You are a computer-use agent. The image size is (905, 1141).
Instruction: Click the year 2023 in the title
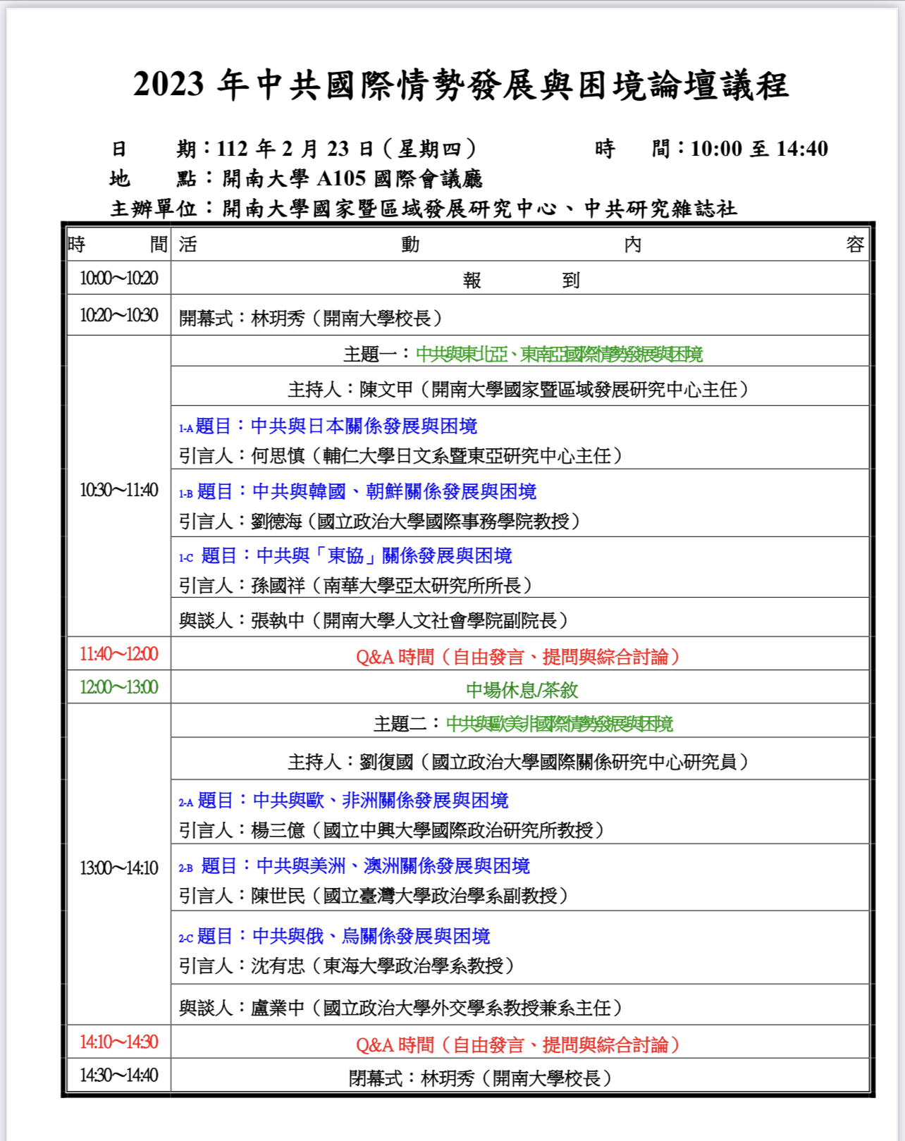(x=168, y=85)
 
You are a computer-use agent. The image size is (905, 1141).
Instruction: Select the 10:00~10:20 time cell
(x=118, y=278)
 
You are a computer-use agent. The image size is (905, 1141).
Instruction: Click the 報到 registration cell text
(x=521, y=280)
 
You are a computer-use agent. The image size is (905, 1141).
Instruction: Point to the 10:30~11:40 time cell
(x=118, y=490)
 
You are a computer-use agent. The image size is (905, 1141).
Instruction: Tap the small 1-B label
(x=185, y=494)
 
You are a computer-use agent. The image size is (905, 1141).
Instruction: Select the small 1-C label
(x=185, y=558)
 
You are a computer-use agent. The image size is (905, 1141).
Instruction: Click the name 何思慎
(x=278, y=456)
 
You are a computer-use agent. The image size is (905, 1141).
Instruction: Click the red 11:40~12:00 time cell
(x=118, y=654)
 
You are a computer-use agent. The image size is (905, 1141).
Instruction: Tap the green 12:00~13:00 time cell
(x=118, y=687)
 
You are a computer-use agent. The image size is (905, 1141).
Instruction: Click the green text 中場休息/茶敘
(x=522, y=690)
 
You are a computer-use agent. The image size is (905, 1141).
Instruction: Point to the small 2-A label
(x=185, y=803)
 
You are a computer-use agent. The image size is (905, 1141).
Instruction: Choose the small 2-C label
(x=185, y=939)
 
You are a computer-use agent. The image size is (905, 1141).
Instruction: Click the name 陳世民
(x=278, y=896)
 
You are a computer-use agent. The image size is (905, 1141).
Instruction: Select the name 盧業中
(x=278, y=1008)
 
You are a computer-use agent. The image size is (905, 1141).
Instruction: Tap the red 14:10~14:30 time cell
(x=118, y=1042)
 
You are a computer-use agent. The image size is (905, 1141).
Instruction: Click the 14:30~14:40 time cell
(x=118, y=1075)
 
